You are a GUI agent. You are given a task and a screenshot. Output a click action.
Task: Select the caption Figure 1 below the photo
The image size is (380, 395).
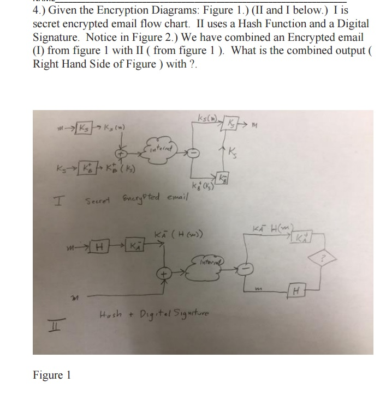click(52, 376)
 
